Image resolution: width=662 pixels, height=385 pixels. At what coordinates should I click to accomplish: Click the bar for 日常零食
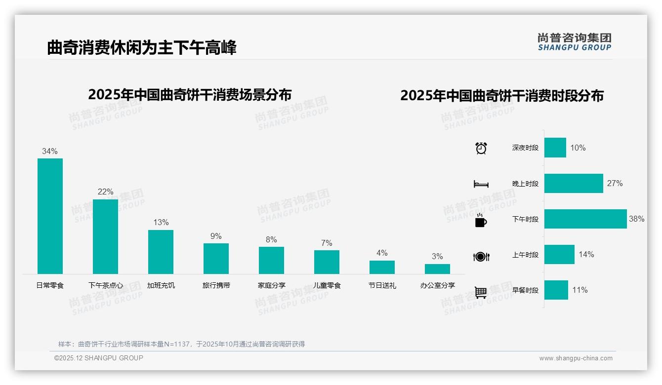point(50,216)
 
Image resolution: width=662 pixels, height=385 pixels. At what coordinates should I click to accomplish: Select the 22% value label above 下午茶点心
point(105,192)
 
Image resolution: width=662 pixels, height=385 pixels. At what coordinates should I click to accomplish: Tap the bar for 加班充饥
point(161,252)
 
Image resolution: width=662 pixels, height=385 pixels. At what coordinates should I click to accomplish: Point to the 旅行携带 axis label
point(216,285)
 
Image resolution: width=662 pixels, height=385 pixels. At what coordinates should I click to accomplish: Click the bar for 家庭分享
point(271,260)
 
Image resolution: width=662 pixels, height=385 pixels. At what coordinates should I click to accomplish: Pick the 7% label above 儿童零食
point(327,243)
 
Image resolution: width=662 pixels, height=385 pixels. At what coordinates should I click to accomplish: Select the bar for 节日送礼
point(382,267)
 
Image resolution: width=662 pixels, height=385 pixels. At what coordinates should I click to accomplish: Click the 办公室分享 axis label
point(437,285)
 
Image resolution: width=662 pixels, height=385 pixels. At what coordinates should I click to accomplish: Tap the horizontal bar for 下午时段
point(585,219)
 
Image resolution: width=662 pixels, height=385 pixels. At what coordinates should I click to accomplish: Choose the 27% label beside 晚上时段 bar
point(615,183)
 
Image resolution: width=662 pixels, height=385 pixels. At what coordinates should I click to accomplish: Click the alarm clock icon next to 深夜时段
point(481,148)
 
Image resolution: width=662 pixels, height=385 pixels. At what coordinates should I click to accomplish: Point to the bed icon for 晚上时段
point(481,184)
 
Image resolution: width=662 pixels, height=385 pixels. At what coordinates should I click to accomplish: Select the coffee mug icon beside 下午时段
point(480,220)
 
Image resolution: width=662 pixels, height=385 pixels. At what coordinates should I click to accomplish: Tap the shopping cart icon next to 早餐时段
point(481,292)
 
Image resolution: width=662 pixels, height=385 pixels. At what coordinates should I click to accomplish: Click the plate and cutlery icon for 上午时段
point(481,256)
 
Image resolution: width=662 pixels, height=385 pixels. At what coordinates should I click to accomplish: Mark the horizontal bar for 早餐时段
point(556,290)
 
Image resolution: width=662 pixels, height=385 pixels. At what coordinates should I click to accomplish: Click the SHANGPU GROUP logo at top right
point(574,41)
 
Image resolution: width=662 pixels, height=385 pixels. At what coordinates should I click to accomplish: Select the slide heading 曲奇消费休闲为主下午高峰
point(142,47)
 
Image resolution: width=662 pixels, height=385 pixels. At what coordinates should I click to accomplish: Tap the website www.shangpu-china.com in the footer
point(576,358)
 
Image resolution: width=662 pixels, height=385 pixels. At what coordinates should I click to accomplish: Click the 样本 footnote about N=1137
point(181,344)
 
